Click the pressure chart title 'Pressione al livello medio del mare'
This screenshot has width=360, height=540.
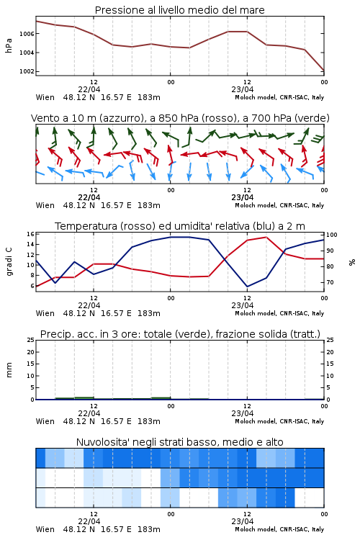(179, 10)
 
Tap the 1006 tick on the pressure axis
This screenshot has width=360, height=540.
(27, 34)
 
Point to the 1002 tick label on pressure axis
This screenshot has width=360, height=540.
(27, 71)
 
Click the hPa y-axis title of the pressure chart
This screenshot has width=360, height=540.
(9, 45)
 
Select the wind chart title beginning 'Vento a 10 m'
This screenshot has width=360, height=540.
(180, 118)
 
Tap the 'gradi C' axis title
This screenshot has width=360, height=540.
(9, 262)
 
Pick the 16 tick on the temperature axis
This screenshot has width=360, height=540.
(30, 234)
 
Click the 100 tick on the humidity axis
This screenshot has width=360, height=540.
(332, 235)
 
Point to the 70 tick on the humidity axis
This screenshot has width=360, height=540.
(330, 282)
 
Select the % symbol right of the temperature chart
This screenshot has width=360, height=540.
(352, 262)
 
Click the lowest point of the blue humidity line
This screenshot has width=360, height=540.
(247, 287)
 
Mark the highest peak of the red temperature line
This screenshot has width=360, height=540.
(266, 237)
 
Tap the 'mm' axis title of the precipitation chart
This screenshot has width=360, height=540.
(9, 370)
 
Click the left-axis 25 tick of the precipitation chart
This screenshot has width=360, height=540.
(30, 340)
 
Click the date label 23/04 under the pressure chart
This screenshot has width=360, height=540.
(243, 89)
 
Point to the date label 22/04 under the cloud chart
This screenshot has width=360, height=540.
(89, 521)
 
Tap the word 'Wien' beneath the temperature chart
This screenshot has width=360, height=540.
(45, 313)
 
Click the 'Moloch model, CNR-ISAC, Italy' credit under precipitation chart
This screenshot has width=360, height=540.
(279, 421)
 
